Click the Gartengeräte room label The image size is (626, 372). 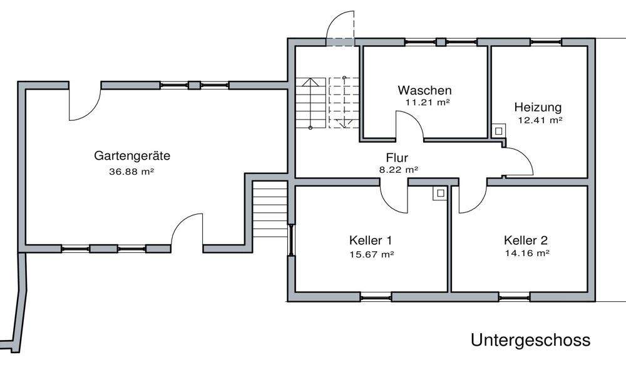point(132,156)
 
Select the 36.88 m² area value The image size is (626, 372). point(131,170)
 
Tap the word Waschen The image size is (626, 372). point(424,90)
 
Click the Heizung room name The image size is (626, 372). point(538,106)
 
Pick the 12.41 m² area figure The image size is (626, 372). point(540,120)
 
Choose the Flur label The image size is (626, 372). point(397,158)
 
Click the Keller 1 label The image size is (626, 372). point(371,240)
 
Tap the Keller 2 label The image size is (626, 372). point(526,240)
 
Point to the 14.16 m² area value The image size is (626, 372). point(527,254)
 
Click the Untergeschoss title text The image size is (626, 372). point(530,340)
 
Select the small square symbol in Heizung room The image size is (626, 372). point(499,132)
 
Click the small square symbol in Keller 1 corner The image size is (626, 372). point(439,194)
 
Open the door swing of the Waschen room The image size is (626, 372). point(409,125)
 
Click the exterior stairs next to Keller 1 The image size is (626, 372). point(269,210)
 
